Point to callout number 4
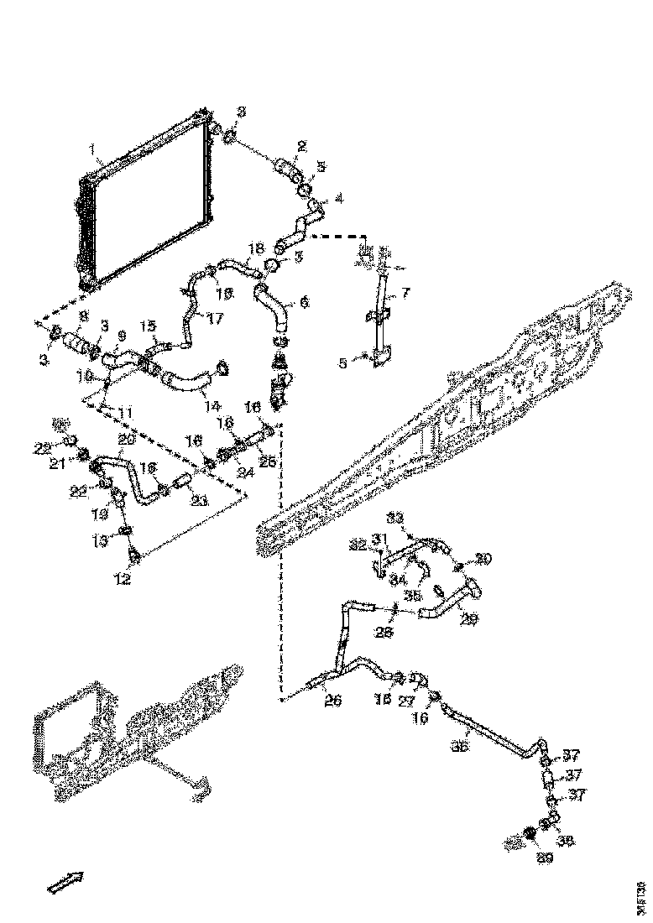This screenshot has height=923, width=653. point(338,199)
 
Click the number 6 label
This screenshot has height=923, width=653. point(303,300)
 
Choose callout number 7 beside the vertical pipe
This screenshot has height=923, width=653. point(405,293)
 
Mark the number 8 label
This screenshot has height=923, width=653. point(82,316)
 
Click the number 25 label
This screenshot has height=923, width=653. point(268,461)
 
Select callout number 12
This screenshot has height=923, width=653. point(123,578)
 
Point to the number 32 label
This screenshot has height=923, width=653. point(359,545)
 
